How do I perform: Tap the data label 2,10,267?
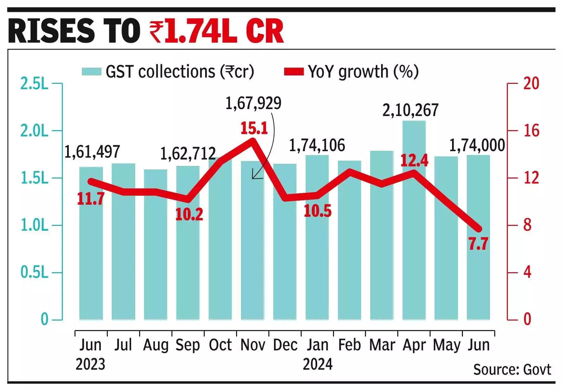[x=410, y=110]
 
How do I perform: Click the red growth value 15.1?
[x=254, y=129]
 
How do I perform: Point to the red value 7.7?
[x=478, y=244]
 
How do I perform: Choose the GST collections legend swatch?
[x=92, y=72]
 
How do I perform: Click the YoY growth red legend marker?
[x=294, y=72]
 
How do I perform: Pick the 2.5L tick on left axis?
[x=34, y=84]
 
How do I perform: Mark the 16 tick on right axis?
[x=531, y=131]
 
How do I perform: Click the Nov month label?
[x=253, y=345]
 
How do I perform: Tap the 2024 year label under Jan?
[x=318, y=364]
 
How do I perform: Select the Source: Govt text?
[x=512, y=370]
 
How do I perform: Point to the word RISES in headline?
[x=51, y=32]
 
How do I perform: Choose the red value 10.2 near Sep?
[x=189, y=215]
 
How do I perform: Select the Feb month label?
[x=349, y=345]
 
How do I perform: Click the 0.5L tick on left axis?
[x=34, y=273]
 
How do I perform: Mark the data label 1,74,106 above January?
[x=317, y=146]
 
